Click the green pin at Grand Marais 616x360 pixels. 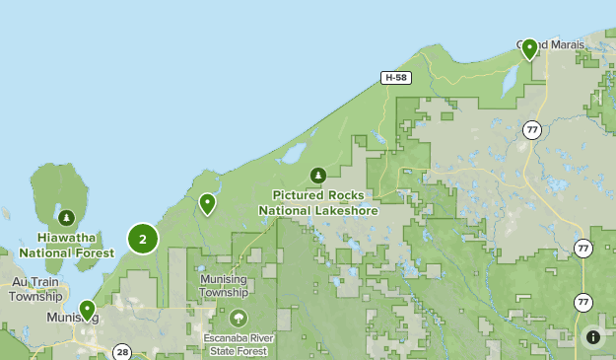529,48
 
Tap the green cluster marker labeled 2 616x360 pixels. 143,238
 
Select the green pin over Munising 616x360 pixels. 87,310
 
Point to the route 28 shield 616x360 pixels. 122,352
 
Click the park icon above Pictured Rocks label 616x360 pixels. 317,176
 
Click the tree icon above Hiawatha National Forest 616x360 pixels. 66,217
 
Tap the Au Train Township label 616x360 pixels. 36,289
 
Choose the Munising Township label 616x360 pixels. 224,286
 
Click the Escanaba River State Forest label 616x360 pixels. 239,345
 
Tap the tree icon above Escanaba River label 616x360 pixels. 238,319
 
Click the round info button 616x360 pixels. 593,337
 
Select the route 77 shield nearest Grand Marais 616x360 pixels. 532,130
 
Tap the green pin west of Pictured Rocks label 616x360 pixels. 207,203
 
